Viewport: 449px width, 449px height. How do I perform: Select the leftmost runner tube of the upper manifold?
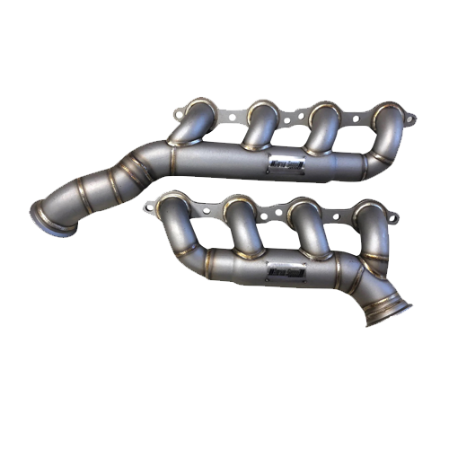coord(190,126)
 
